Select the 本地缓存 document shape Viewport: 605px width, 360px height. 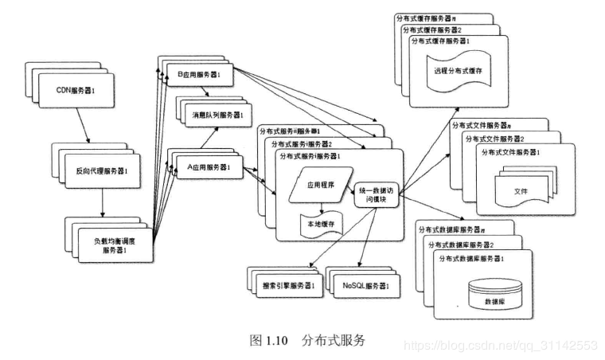point(319,223)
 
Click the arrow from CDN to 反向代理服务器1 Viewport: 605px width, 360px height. point(82,127)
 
